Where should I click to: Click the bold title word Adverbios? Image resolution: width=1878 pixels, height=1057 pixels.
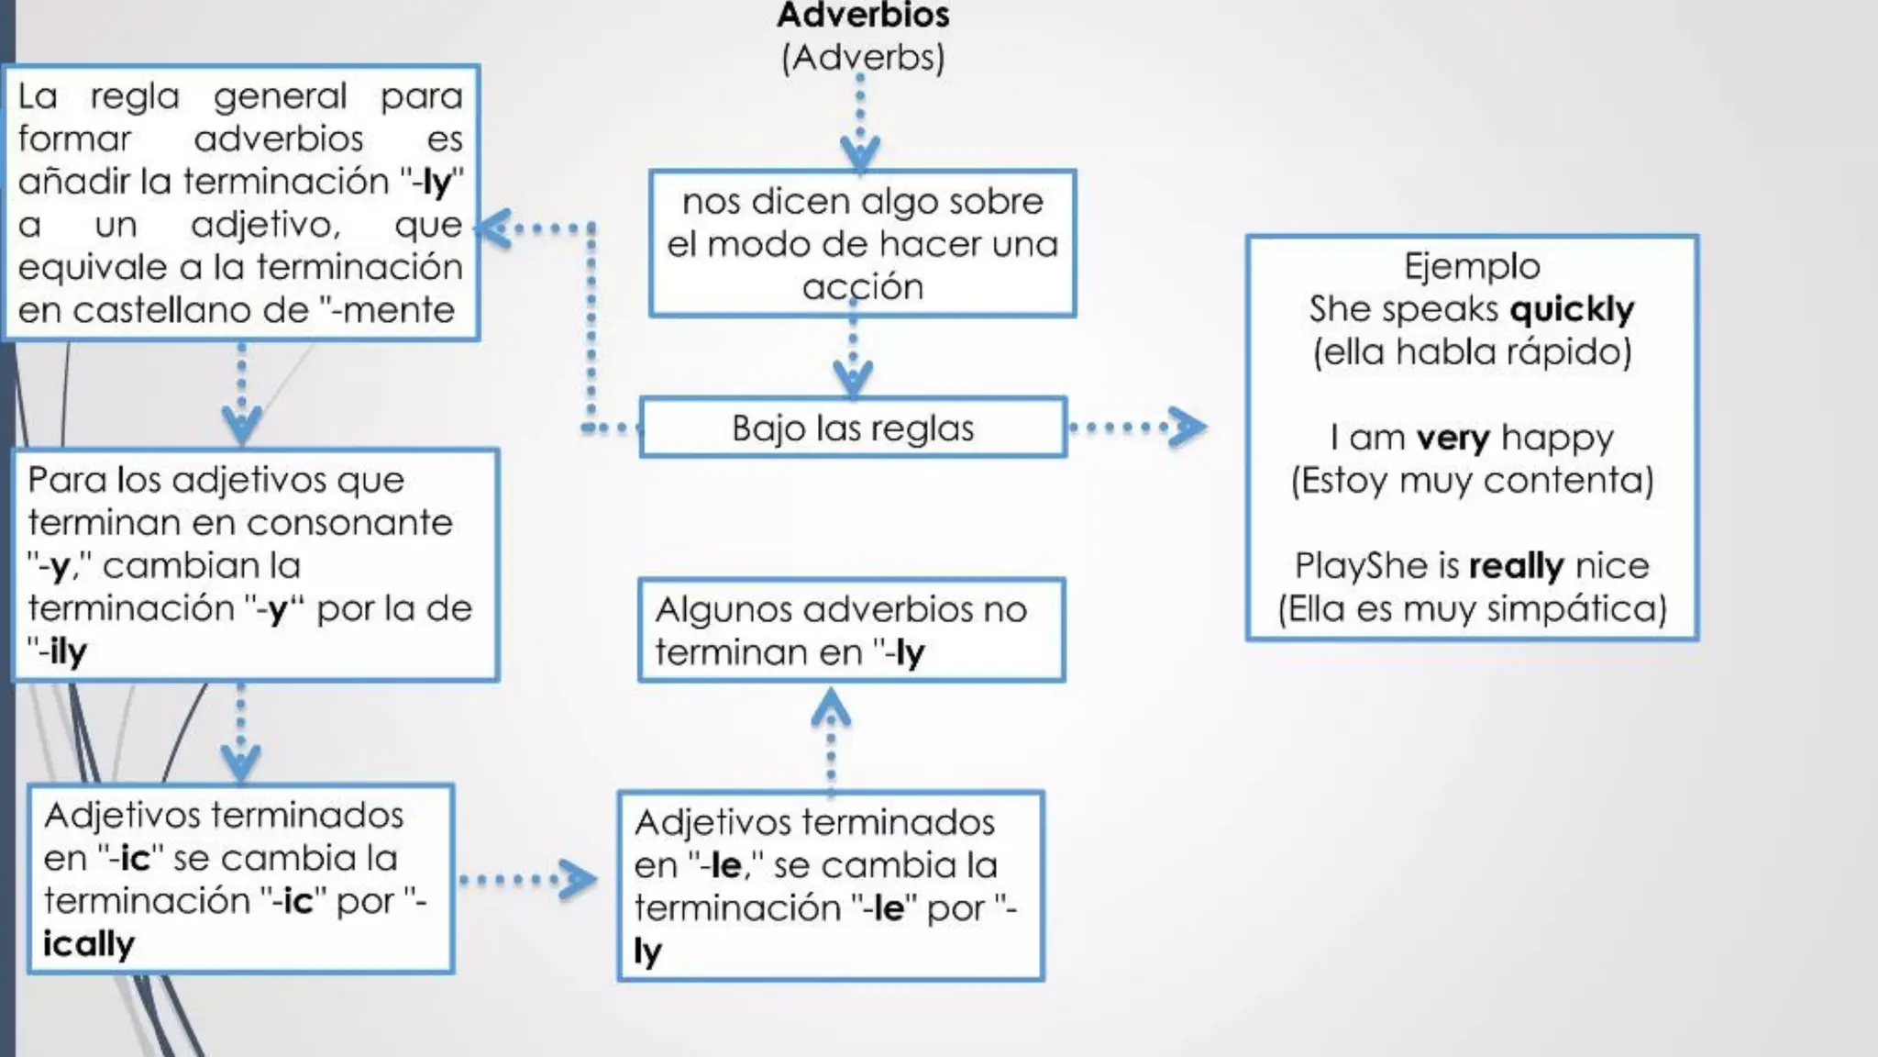[863, 15]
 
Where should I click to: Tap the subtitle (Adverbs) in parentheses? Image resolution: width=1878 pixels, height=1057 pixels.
[863, 58]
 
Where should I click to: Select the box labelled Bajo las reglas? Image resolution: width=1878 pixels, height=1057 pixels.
[853, 428]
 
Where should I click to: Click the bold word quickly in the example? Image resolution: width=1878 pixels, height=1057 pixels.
[1572, 309]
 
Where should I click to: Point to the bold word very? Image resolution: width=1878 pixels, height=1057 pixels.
[1453, 438]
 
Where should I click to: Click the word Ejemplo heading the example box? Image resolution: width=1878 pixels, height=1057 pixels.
[1472, 266]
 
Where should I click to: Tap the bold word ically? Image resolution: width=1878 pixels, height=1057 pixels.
[89, 944]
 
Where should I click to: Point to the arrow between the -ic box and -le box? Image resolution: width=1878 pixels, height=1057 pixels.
[527, 880]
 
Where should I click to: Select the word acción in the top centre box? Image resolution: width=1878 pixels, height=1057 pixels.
[863, 287]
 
